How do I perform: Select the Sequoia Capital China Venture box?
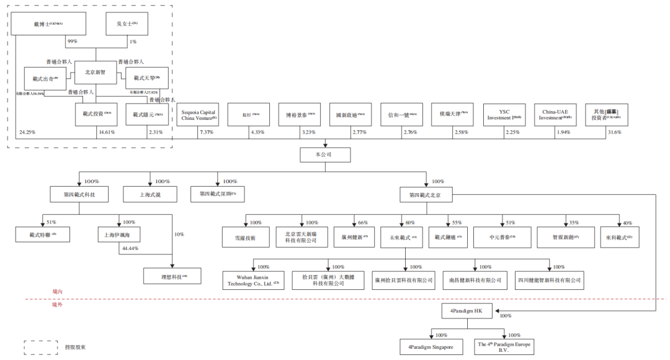(x=198, y=115)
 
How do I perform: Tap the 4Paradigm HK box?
(x=463, y=310)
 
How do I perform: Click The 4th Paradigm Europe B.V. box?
(x=504, y=346)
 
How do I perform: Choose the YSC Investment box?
(x=503, y=115)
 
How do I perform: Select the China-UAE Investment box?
(x=554, y=115)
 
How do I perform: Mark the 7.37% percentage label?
(x=207, y=133)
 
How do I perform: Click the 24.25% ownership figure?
(x=27, y=132)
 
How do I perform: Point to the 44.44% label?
(x=130, y=248)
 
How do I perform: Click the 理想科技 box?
(x=172, y=275)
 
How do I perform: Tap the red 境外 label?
(x=58, y=305)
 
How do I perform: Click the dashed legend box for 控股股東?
(x=42, y=346)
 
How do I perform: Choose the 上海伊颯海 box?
(x=117, y=235)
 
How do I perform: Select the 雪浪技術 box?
(x=244, y=237)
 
